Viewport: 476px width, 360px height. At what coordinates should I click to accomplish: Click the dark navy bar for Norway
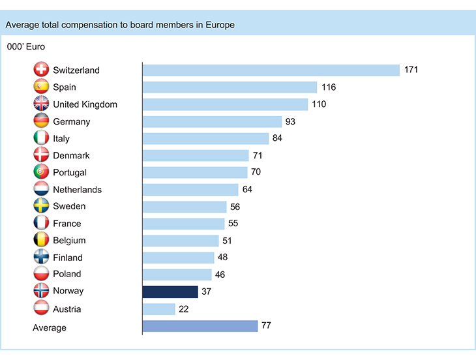tap(170, 292)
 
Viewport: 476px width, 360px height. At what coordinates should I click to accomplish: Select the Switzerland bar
tap(271, 70)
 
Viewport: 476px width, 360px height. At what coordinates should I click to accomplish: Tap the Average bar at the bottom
tap(200, 326)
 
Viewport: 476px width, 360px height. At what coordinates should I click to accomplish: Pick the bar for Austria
tap(158, 308)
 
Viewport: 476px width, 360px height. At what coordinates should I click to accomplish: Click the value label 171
tap(411, 70)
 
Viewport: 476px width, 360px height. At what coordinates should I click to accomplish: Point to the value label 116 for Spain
tap(328, 87)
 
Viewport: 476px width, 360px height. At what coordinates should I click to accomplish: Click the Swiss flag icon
tap(41, 70)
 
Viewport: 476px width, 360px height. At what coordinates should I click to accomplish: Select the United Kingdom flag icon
tap(41, 104)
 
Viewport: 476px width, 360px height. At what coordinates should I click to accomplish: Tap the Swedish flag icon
tap(41, 205)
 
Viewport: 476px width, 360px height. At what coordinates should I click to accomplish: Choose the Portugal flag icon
tap(41, 172)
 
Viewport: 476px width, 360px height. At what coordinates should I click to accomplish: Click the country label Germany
tap(72, 121)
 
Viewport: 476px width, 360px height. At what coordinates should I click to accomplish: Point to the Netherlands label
tap(78, 189)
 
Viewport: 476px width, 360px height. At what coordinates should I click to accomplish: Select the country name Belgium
tap(70, 241)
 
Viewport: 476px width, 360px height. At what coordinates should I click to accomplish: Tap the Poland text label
tap(67, 274)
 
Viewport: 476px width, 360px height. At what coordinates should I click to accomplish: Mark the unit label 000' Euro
tap(25, 47)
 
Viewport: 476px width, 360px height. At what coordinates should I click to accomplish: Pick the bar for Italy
tap(205, 138)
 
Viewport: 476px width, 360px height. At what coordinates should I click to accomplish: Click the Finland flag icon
tap(41, 257)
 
